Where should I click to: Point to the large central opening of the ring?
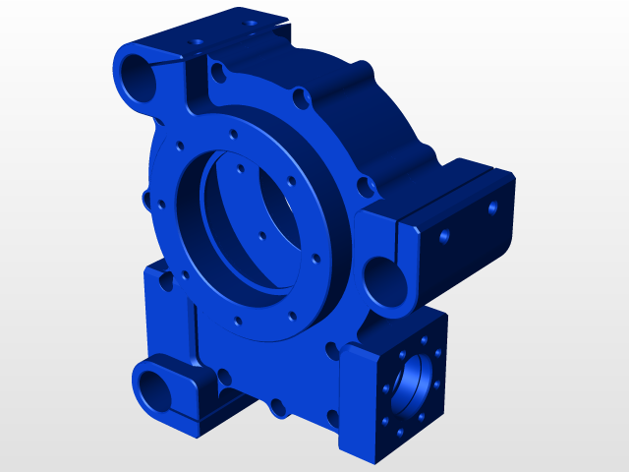click(x=246, y=216)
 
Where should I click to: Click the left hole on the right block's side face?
click(x=444, y=236)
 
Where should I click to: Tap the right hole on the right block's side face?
click(x=492, y=207)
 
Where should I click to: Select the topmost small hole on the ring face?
click(x=233, y=135)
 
